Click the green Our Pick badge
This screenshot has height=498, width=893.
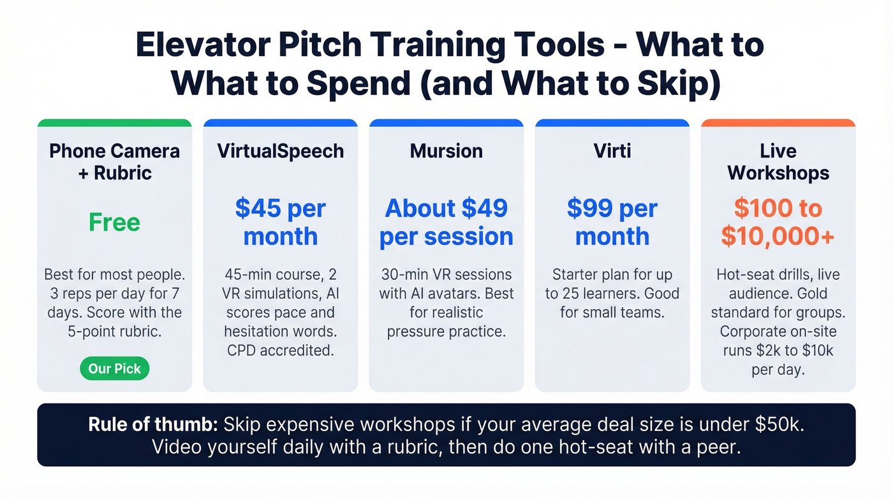pos(115,369)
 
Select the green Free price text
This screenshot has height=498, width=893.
pos(115,223)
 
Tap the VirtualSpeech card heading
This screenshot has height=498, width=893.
pos(281,151)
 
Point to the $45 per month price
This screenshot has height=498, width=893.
pos(281,222)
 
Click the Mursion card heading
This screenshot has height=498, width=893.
pos(447,151)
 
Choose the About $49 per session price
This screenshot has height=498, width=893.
pos(447,222)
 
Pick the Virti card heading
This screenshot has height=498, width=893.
pos(612,151)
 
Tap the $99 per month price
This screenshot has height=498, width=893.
pos(612,222)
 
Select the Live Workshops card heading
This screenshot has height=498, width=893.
pos(778,162)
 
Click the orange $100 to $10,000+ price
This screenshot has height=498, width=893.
pos(778,222)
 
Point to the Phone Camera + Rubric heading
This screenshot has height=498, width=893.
pos(115,162)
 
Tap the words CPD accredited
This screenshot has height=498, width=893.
pos(281,350)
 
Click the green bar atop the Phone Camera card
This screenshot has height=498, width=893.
pos(115,123)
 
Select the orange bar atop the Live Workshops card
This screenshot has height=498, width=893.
pos(778,123)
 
